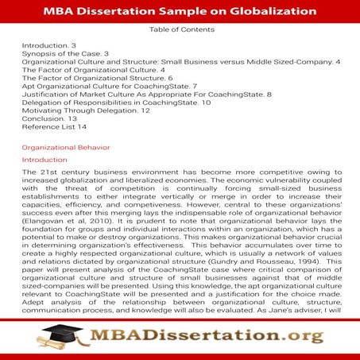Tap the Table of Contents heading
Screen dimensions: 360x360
pyautogui.click(x=180, y=30)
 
